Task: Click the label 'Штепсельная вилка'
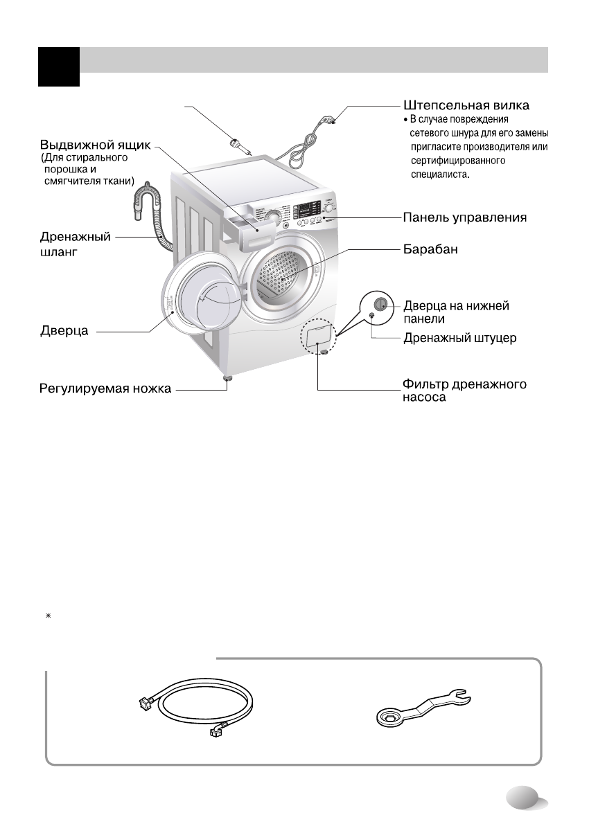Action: tap(466, 107)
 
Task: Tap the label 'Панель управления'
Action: tap(465, 218)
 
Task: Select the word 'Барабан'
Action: tap(431, 248)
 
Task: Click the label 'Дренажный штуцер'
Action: tap(460, 339)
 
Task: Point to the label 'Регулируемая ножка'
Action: tap(104, 389)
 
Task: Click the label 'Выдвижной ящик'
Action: tap(94, 147)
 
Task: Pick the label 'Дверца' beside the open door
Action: tap(62, 332)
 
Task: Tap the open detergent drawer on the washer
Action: tap(245, 228)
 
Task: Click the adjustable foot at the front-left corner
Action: tap(226, 379)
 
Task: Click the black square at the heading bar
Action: tap(58, 66)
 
